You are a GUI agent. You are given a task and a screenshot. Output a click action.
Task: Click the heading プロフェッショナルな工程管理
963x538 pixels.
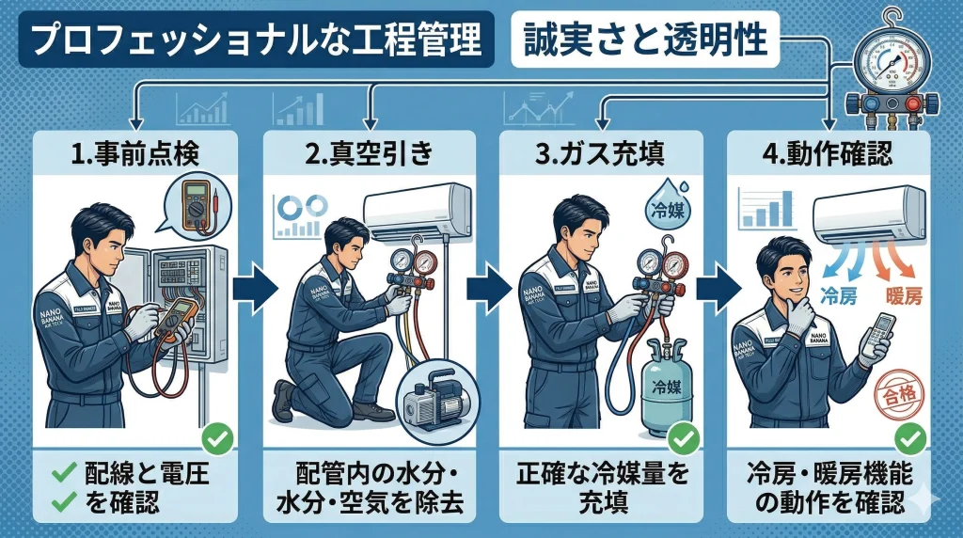pos(252,41)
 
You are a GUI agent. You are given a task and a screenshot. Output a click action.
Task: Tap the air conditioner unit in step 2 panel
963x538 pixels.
pos(419,211)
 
